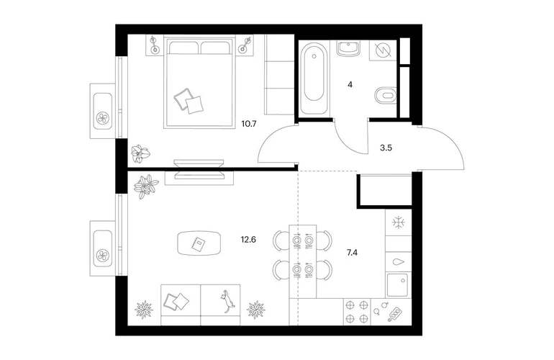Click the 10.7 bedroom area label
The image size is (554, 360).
tap(249, 124)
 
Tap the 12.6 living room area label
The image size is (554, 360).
tap(248, 240)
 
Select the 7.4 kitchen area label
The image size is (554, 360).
tap(353, 253)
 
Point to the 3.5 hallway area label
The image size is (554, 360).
tap(386, 148)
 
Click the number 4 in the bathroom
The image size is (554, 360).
tap(350, 85)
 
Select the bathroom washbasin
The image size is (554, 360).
tap(349, 48)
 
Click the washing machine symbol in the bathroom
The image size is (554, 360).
tap(383, 50)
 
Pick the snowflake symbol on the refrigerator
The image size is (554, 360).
tap(398, 222)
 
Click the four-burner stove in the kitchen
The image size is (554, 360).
tap(357, 312)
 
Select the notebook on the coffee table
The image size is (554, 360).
tap(198, 243)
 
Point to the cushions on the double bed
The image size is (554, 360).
tap(189, 100)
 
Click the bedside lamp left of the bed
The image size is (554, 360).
tap(154, 45)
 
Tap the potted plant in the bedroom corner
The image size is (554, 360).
tap(140, 154)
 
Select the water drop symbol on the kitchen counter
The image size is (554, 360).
tap(398, 262)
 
